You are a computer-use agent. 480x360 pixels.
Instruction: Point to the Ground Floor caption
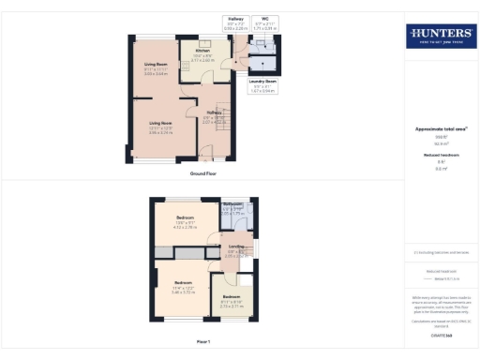(x=203, y=173)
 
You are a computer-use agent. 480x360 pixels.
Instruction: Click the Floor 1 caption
(x=203, y=342)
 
